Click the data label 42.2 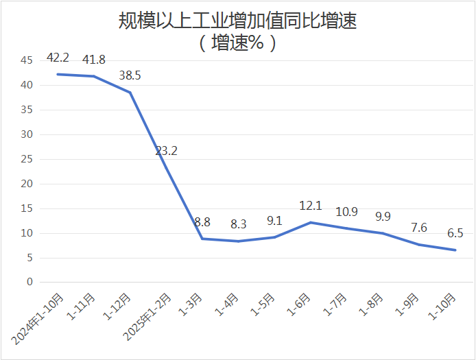58,57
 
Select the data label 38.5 130,75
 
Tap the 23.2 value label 166,150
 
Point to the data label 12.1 311,205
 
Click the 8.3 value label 238,224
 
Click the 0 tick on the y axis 29,282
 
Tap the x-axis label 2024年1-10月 38,318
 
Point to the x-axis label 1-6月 299,305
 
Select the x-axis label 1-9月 407,305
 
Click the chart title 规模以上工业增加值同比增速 237,21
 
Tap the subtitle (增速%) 237,43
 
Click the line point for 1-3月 202,239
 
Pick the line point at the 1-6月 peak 311,222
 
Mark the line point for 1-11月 93,76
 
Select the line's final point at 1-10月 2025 455,250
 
